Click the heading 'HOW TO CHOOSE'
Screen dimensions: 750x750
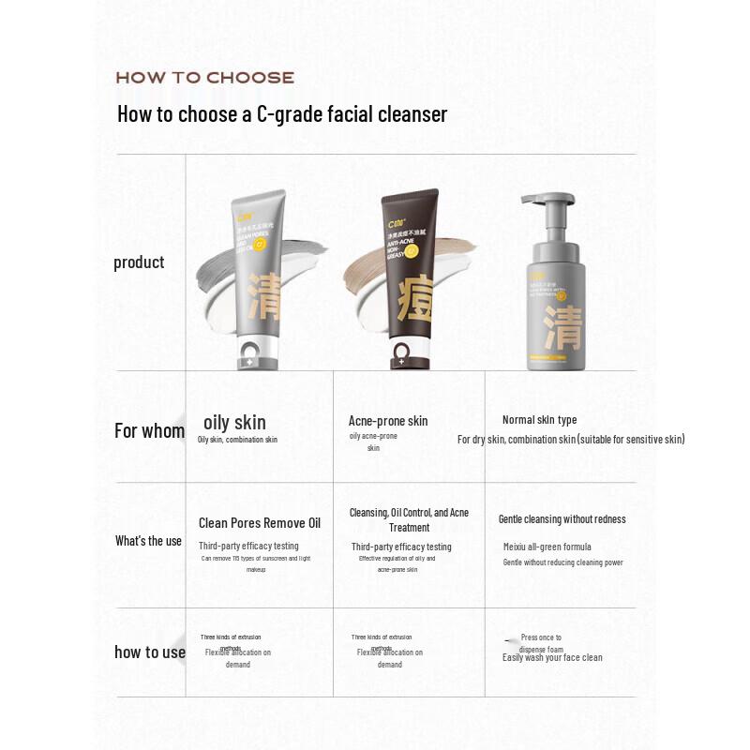coord(204,78)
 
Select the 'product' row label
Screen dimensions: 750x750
coord(139,262)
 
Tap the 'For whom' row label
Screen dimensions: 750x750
coord(149,431)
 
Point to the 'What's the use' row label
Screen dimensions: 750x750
coord(148,541)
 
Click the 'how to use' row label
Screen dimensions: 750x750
coord(150,652)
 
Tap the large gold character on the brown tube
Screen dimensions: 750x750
coord(405,301)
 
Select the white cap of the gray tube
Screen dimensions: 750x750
coord(250,354)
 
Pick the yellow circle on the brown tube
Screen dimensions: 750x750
coord(411,251)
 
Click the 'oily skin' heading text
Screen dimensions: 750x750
coord(234,423)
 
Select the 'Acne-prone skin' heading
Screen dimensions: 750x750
coord(388,421)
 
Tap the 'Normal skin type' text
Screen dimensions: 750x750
coord(539,420)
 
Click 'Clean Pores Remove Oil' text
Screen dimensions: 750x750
coord(260,523)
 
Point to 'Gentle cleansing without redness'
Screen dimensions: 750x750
coord(562,519)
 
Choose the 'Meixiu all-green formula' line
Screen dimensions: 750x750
coord(547,547)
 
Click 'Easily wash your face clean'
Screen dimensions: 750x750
coord(552,657)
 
